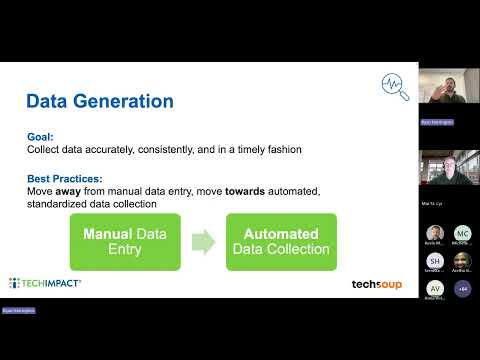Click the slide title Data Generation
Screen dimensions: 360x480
click(x=99, y=101)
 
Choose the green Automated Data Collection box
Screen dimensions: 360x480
click(x=281, y=241)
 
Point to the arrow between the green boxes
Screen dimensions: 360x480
click(x=203, y=241)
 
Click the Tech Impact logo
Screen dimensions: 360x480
click(x=45, y=284)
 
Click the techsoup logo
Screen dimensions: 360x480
click(x=377, y=284)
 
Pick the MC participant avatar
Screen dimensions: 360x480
click(x=462, y=234)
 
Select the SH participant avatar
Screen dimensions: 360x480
click(x=435, y=261)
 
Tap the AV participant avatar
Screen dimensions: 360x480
click(x=435, y=288)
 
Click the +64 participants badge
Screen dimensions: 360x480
click(x=462, y=288)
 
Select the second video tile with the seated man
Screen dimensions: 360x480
click(x=448, y=172)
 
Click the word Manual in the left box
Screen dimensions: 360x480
click(x=108, y=233)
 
